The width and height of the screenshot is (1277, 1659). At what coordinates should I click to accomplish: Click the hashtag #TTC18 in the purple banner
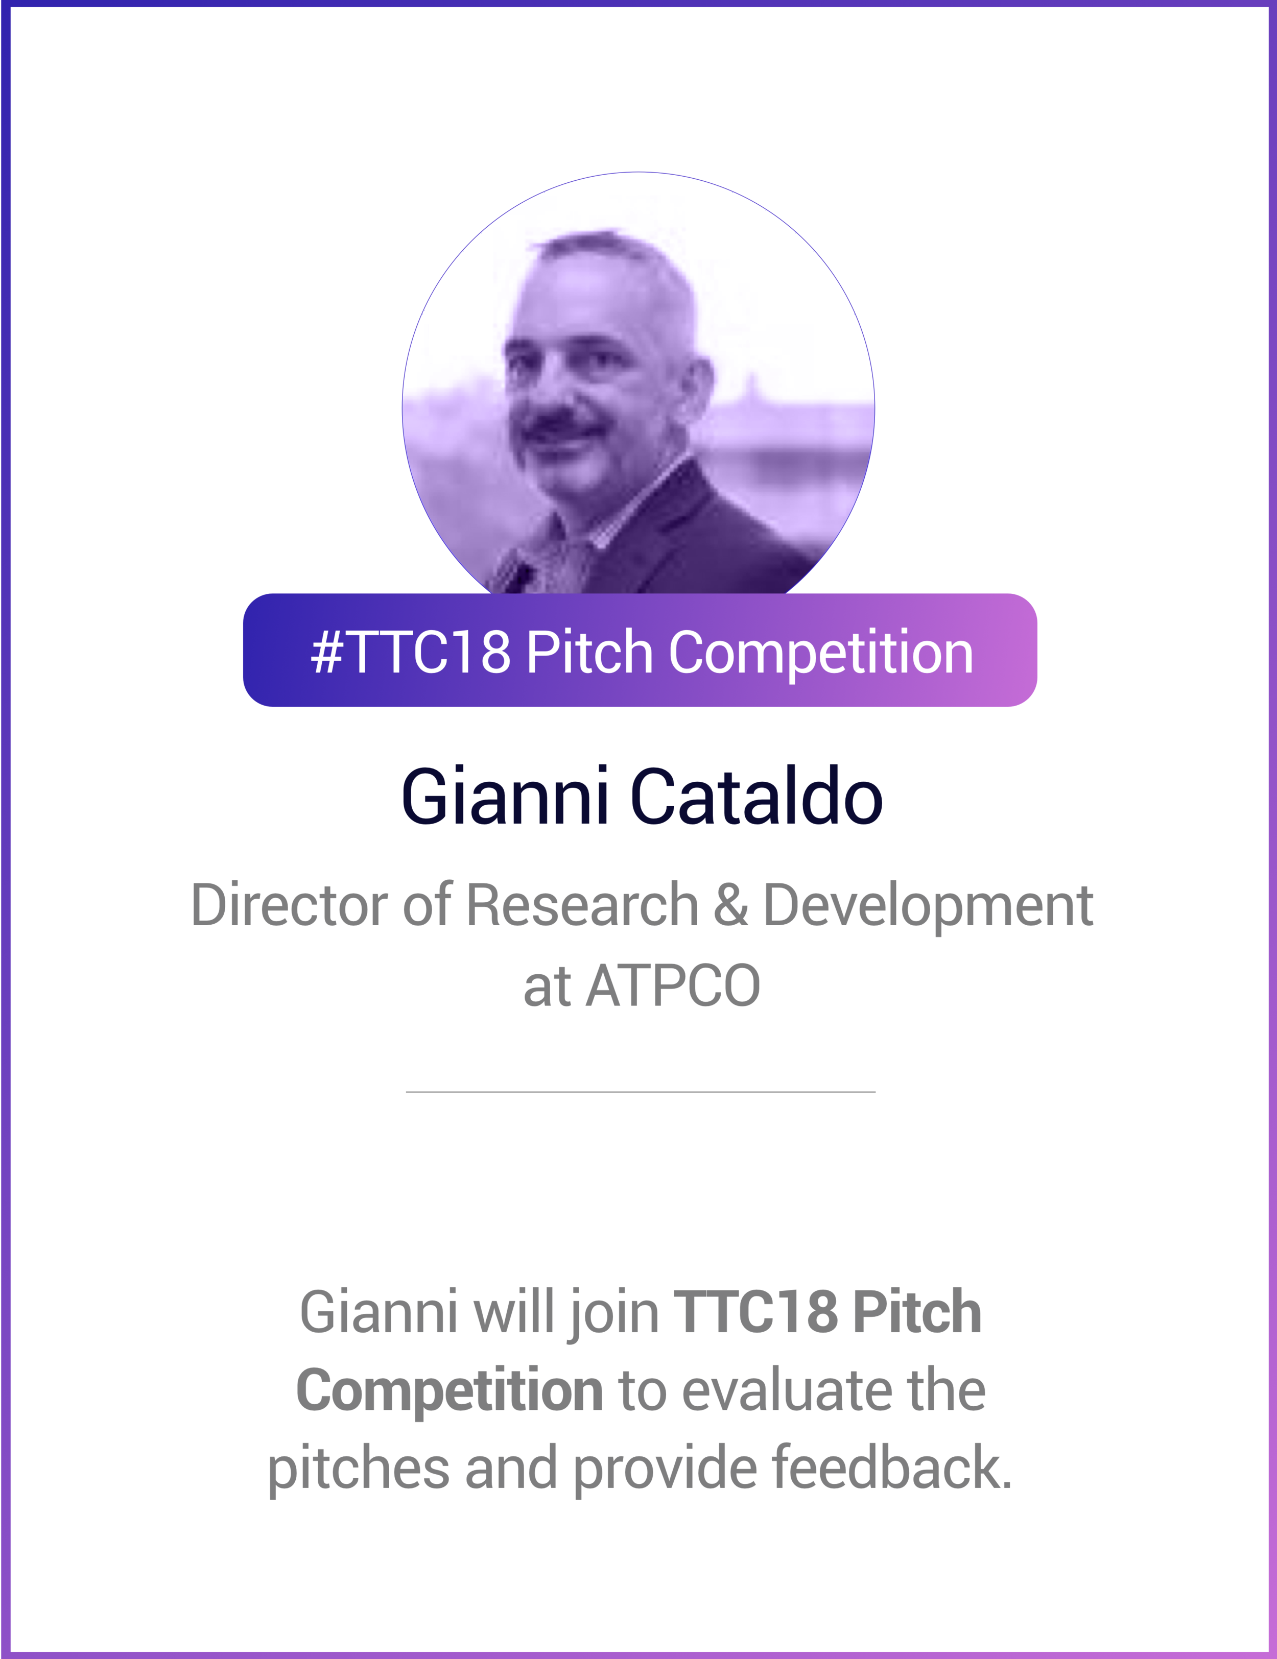[410, 652]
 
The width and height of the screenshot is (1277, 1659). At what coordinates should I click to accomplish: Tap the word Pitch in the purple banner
[589, 652]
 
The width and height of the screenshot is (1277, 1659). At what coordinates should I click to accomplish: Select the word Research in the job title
[581, 905]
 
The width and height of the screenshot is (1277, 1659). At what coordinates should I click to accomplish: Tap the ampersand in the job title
[731, 905]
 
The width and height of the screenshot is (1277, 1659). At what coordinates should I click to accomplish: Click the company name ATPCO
[672, 986]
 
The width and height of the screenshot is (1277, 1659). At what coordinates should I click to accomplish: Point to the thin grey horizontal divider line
[641, 1092]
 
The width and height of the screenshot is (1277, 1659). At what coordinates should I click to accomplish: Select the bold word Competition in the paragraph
[450, 1390]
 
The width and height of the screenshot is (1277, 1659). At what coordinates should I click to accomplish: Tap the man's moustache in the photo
[558, 425]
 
